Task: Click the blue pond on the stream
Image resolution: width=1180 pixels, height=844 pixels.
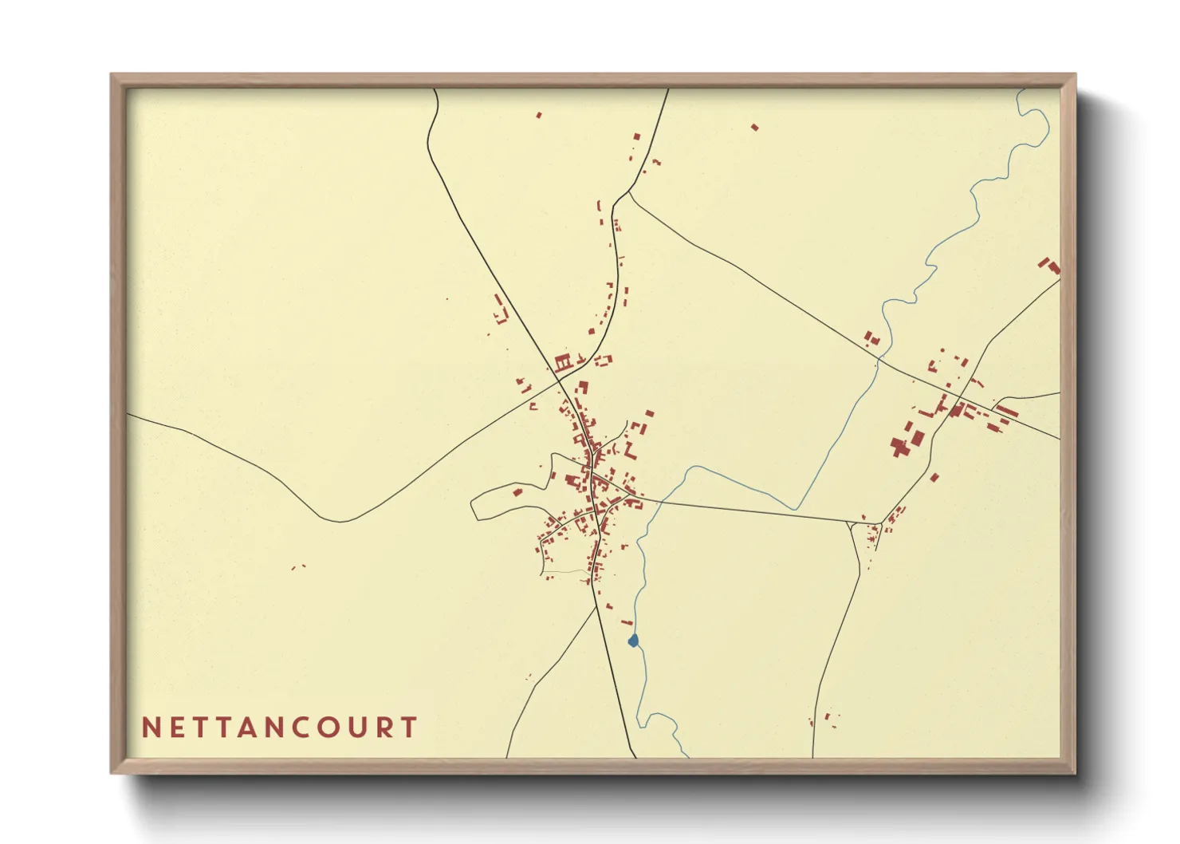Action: point(634,641)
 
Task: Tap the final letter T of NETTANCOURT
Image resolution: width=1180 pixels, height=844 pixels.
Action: point(410,728)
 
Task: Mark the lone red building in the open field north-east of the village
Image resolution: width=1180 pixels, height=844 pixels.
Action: point(754,127)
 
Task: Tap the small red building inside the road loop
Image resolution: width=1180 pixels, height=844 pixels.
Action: point(517,491)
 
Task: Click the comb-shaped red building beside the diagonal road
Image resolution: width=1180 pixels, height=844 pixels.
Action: point(564,363)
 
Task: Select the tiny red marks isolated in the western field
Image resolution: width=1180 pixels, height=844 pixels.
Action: point(298,567)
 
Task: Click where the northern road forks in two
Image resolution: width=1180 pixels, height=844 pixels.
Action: point(629,191)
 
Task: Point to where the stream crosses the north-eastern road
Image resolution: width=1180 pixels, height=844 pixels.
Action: point(878,361)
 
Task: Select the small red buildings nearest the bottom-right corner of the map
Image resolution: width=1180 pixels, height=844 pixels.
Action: point(829,720)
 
